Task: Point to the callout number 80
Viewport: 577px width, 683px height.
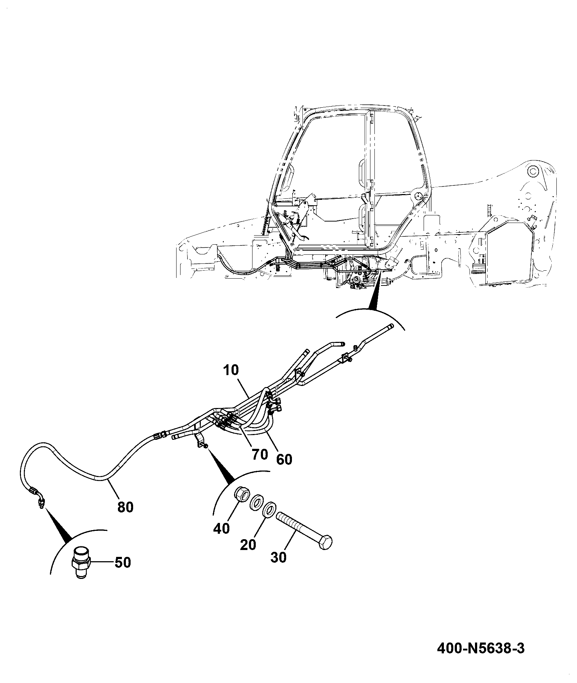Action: (x=125, y=507)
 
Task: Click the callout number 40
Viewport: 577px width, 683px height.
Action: (x=222, y=528)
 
